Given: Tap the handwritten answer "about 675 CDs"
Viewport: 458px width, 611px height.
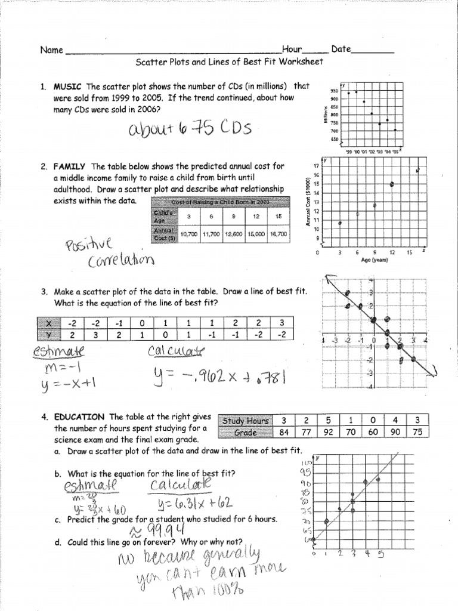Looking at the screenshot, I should tap(186, 128).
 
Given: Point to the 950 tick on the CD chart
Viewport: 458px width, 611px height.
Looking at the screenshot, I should tap(335, 91).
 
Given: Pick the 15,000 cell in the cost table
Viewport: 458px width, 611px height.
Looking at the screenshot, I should tap(256, 233).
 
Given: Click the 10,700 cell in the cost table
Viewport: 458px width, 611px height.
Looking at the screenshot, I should tap(188, 233).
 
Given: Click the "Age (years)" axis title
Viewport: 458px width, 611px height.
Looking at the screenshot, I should tap(375, 260).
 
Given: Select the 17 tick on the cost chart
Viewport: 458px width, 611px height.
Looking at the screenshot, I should tap(315, 165).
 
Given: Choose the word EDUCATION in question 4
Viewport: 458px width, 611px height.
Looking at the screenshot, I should tap(80, 416).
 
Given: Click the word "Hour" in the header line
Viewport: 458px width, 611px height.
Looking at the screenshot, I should tap(292, 50).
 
